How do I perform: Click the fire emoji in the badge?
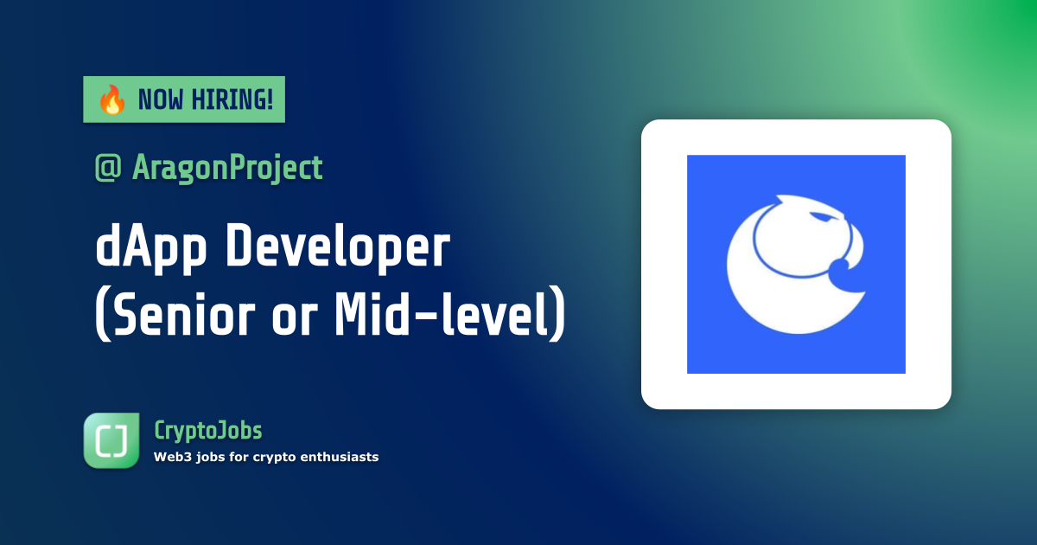point(111,100)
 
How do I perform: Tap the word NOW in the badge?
point(161,100)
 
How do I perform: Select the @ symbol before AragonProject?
point(108,168)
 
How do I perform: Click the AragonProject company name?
point(227,168)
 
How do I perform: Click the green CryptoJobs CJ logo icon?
point(111,440)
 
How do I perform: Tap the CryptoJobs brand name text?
point(207,430)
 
